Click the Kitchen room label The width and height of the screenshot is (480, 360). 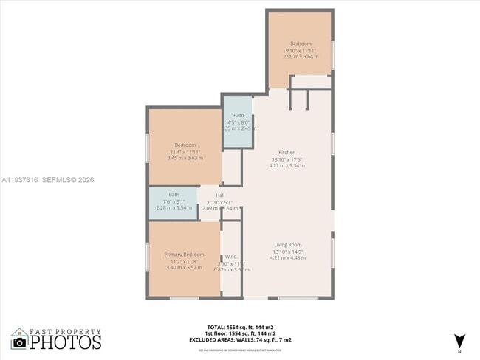pyautogui.click(x=287, y=153)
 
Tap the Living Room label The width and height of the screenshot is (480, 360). pyautogui.click(x=287, y=245)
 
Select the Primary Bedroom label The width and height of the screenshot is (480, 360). pyautogui.click(x=185, y=255)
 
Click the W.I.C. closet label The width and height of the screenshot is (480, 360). pyautogui.click(x=231, y=257)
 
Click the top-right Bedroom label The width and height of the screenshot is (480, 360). pyautogui.click(x=301, y=44)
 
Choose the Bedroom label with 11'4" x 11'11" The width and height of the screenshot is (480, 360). pyautogui.click(x=185, y=145)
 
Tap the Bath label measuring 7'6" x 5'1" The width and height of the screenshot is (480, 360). pyautogui.click(x=174, y=195)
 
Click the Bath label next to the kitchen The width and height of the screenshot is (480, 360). pyautogui.click(x=239, y=115)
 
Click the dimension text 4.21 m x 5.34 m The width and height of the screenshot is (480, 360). pyautogui.click(x=287, y=166)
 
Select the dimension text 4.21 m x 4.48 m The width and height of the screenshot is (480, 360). pyautogui.click(x=287, y=258)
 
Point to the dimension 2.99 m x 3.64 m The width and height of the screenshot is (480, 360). pyautogui.click(x=301, y=57)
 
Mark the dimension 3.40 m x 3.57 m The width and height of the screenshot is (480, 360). pyautogui.click(x=185, y=268)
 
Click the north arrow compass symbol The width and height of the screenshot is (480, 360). pyautogui.click(x=459, y=340)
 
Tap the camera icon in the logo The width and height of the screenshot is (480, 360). pyautogui.click(x=19, y=342)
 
